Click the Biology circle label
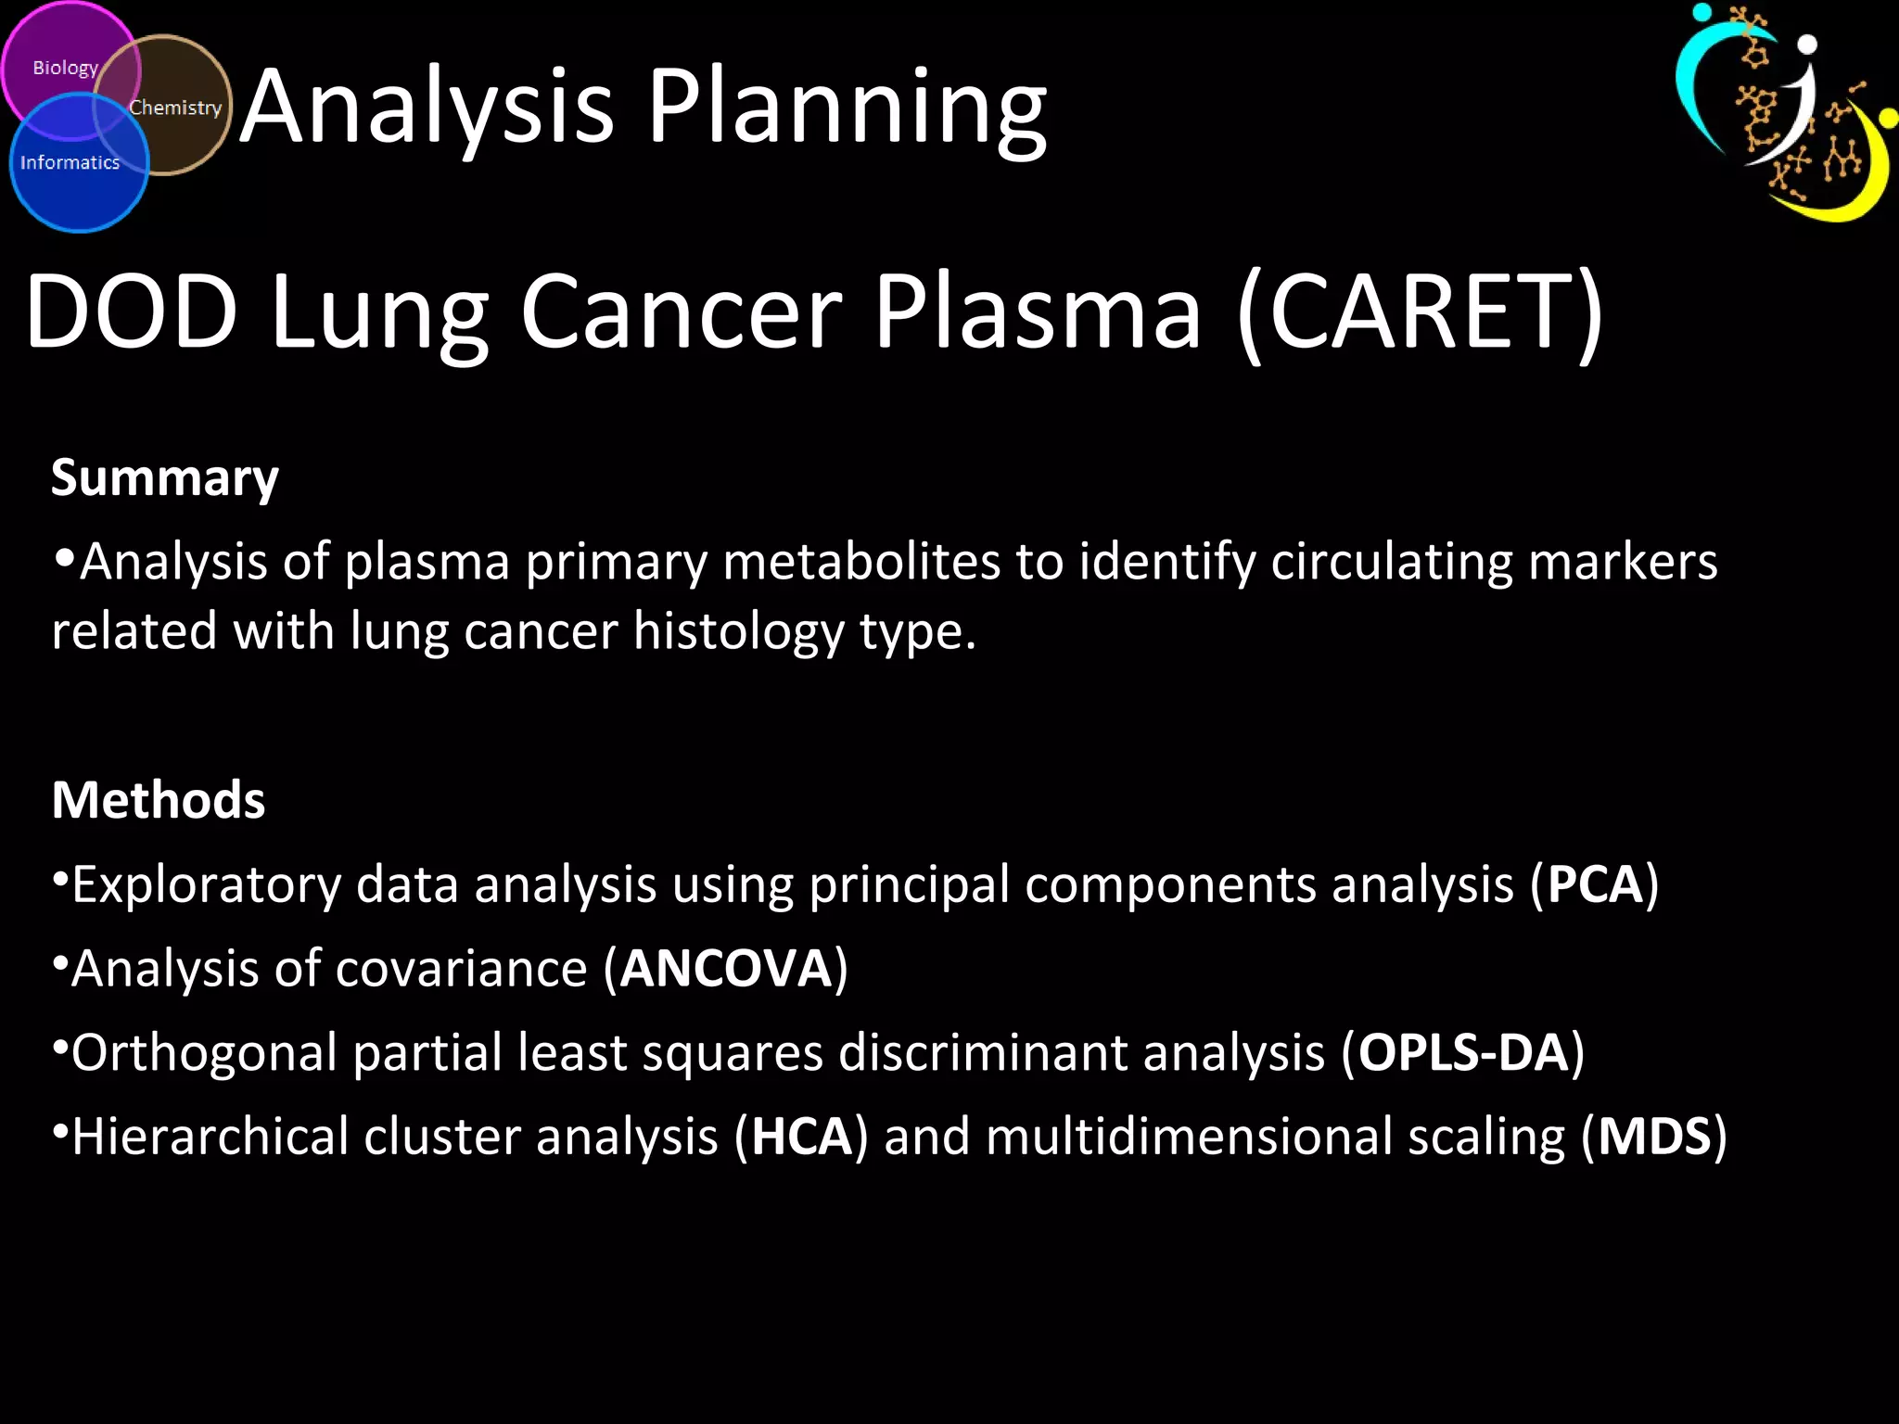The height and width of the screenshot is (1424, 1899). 65,68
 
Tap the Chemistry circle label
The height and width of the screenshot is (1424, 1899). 175,108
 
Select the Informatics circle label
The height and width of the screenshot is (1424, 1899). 70,163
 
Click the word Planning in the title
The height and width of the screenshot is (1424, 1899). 846,109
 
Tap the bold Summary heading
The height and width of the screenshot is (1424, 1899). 164,479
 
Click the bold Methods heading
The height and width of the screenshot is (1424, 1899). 159,800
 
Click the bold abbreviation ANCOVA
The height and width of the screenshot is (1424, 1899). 726,969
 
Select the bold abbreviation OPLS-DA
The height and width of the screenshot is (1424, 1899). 1463,1053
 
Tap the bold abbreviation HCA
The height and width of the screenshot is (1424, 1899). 801,1138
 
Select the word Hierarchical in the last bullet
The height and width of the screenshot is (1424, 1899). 210,1138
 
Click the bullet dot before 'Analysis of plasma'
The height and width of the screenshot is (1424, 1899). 64,558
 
